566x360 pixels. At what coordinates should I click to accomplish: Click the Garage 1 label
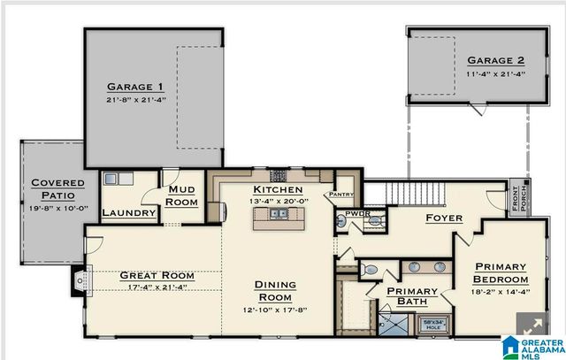135,87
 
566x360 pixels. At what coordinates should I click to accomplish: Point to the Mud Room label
182,195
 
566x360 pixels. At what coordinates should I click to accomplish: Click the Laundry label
129,213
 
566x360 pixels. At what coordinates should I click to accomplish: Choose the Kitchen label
278,190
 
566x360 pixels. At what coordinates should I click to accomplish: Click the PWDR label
357,213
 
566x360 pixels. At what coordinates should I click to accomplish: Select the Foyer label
445,218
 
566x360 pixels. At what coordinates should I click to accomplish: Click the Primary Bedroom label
501,274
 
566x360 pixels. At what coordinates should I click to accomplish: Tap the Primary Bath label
412,296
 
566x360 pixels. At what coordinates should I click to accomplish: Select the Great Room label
157,275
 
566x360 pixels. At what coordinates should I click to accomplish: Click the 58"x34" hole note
432,326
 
